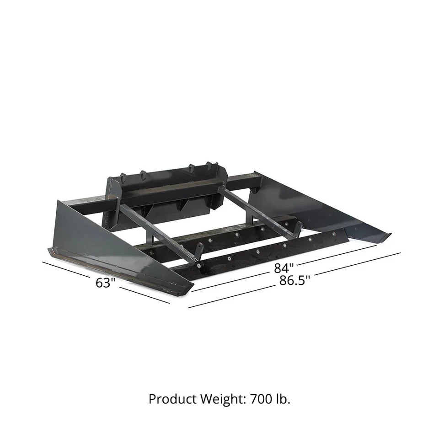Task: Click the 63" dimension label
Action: coord(104,283)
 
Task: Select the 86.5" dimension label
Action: coord(294,280)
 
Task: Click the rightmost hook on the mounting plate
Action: coord(210,166)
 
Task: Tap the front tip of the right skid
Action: coord(386,235)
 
